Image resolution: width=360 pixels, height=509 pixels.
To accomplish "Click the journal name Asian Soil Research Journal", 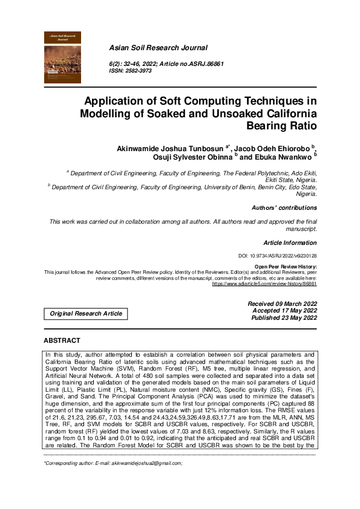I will (x=158, y=47).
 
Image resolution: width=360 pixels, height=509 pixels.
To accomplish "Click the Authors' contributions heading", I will (x=284, y=207).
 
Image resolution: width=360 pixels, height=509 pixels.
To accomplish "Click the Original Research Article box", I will (x=85, y=314).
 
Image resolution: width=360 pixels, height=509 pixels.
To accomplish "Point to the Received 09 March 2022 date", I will (x=283, y=303).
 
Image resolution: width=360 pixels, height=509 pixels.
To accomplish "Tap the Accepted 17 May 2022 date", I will (x=284, y=310).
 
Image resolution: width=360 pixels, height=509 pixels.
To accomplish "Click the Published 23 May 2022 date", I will (x=283, y=317).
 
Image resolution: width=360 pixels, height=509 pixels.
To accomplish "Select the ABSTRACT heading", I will (x=64, y=341).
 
